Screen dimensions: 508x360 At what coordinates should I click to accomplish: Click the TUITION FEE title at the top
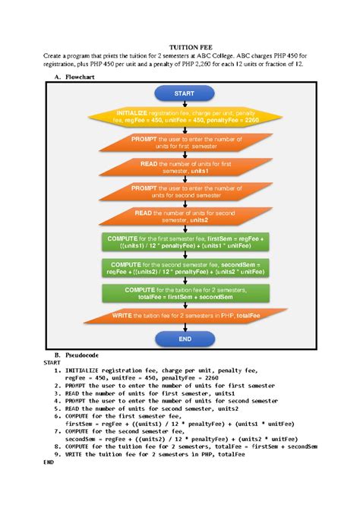point(180,46)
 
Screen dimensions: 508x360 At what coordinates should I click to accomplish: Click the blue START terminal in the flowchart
point(179,93)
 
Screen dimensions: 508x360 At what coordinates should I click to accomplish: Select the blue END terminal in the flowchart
point(179,338)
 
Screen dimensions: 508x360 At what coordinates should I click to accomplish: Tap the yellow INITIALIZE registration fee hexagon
point(179,118)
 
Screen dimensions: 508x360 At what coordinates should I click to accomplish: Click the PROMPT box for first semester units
point(179,144)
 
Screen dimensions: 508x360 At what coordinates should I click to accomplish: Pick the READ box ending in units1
point(179,168)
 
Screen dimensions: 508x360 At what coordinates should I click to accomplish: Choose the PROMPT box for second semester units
point(179,192)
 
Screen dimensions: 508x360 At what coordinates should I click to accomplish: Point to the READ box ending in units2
point(179,216)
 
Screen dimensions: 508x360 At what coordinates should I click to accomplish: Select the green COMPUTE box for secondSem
point(179,268)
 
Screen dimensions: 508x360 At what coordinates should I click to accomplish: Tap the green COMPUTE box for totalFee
point(179,293)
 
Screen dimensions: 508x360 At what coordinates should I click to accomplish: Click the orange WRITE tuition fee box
point(179,315)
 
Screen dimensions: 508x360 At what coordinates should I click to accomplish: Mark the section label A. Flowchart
point(71,77)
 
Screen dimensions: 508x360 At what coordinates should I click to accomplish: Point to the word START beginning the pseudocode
point(54,363)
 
